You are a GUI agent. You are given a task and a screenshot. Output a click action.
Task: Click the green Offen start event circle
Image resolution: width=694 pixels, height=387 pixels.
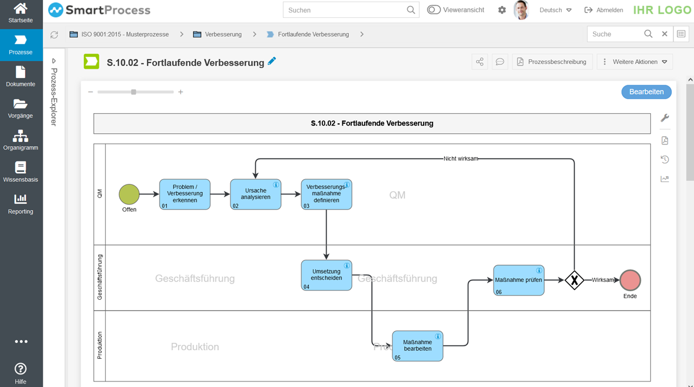(129, 194)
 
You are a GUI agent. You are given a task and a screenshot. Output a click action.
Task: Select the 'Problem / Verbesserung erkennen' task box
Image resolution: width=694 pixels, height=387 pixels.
(185, 194)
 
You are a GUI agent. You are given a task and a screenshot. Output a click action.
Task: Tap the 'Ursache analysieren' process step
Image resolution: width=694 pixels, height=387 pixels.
(255, 194)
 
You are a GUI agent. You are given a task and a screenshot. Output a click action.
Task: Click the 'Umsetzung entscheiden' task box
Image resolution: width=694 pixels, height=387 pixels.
(326, 275)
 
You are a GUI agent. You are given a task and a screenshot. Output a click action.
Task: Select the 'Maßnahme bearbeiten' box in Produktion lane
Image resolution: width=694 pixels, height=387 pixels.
(417, 346)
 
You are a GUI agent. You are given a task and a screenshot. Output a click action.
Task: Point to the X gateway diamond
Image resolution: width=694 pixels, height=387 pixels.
(574, 280)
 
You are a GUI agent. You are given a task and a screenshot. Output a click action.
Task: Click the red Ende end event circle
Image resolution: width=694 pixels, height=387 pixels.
(630, 280)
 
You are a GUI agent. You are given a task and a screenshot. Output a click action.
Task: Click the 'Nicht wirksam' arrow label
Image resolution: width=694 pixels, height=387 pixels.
(460, 159)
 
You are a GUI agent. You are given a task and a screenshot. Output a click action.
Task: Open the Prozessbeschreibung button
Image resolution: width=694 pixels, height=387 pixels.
(552, 62)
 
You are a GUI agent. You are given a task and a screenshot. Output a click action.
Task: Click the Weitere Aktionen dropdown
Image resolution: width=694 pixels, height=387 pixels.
(634, 62)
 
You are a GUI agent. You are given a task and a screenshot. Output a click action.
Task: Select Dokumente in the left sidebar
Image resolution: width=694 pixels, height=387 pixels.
(21, 77)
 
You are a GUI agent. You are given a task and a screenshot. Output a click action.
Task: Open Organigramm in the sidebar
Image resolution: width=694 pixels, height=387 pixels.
(21, 140)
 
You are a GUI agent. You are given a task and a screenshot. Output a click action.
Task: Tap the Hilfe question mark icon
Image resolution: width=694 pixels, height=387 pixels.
(21, 369)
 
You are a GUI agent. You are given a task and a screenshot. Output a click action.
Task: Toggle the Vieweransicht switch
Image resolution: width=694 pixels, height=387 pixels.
(434, 10)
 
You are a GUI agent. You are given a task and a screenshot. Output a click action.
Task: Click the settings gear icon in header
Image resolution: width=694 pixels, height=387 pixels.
(502, 10)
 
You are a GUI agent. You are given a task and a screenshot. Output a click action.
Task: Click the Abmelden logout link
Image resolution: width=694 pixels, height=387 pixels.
(604, 10)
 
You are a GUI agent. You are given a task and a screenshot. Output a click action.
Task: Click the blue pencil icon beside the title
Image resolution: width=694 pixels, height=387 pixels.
(272, 61)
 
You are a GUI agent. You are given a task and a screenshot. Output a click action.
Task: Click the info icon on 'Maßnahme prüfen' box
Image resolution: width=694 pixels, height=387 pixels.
(539, 271)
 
